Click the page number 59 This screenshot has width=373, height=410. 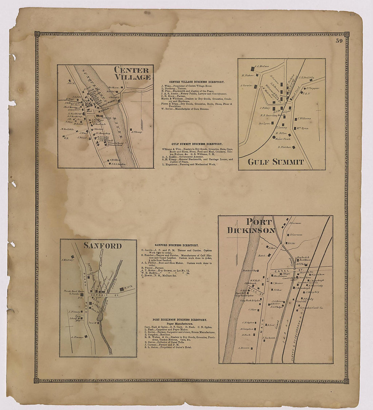(339, 41)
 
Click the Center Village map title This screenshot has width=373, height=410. (132, 74)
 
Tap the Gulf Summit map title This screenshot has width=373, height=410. (275, 162)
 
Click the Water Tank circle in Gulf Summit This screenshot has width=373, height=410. (274, 138)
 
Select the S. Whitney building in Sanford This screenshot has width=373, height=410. (72, 257)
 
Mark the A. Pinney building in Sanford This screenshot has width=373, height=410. (87, 336)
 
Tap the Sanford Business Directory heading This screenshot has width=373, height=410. (176, 245)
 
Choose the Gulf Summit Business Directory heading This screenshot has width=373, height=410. (197, 144)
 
